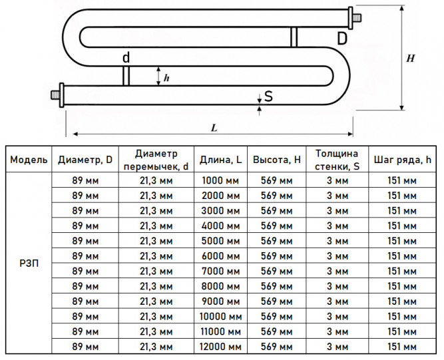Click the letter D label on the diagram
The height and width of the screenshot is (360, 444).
point(342,39)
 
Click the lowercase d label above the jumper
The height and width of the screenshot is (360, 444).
point(126,57)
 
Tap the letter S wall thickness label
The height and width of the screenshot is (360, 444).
point(268,96)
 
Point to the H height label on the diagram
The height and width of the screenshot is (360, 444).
point(410,59)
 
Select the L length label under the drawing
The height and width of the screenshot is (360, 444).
point(214,128)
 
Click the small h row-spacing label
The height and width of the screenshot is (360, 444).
point(166,78)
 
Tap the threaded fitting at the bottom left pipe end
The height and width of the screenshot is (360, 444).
point(57,94)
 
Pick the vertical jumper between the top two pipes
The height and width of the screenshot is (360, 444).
point(294,37)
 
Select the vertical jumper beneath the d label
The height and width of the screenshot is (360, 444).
point(126,76)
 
